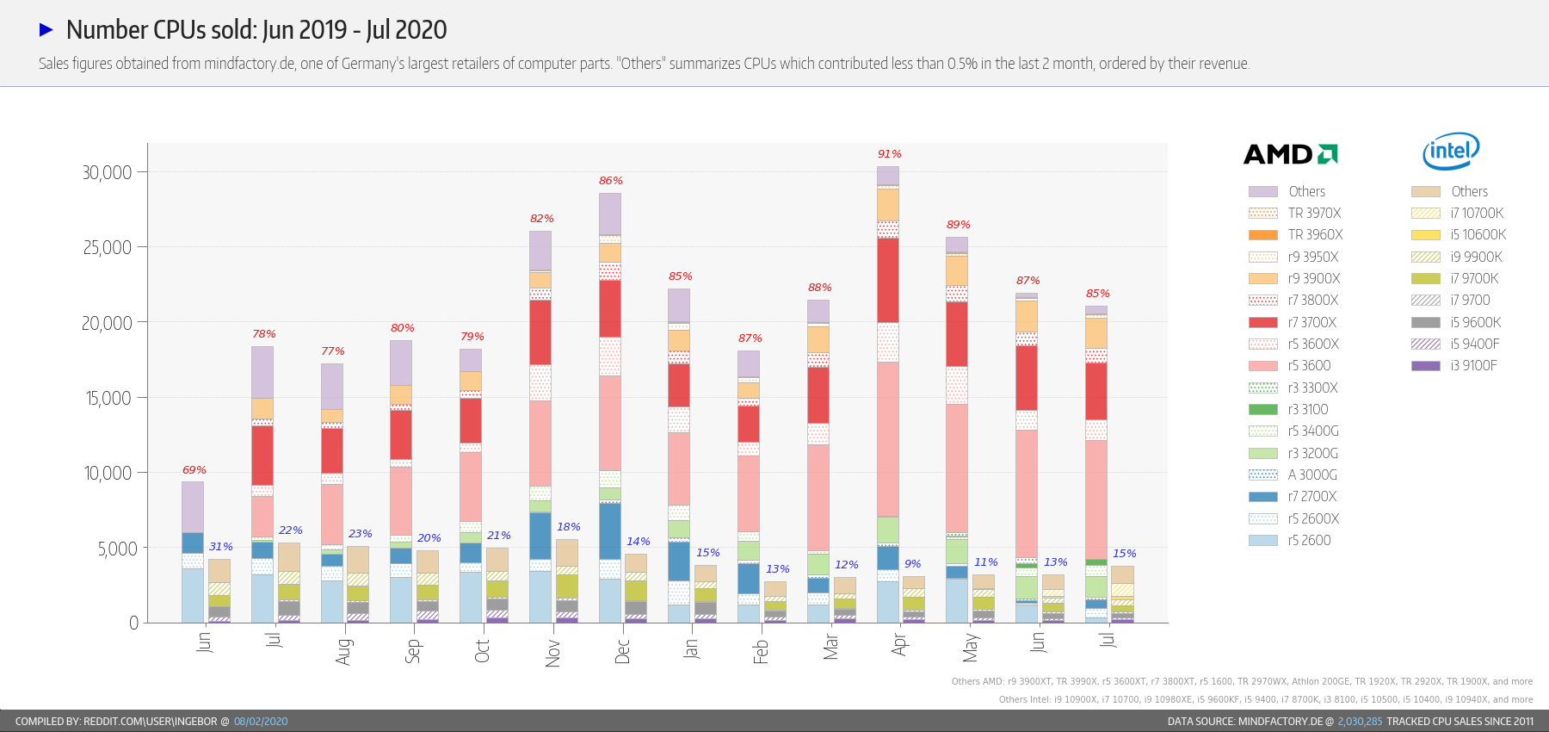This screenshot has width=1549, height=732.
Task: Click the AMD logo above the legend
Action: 1290,154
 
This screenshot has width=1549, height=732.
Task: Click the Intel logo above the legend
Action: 1451,152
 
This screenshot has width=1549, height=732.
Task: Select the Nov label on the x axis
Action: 552,653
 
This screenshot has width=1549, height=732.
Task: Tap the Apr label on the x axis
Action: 899,644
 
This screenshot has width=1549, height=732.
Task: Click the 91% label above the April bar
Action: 889,154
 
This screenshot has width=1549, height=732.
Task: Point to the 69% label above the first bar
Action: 194,470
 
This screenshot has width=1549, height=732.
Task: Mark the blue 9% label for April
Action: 912,564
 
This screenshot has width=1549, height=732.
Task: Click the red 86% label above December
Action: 610,181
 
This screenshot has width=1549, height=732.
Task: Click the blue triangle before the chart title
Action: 46,30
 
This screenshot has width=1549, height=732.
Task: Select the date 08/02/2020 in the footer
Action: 261,722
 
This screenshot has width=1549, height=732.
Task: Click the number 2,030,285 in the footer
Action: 1360,722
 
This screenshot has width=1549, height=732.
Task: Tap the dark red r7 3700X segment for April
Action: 888,280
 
